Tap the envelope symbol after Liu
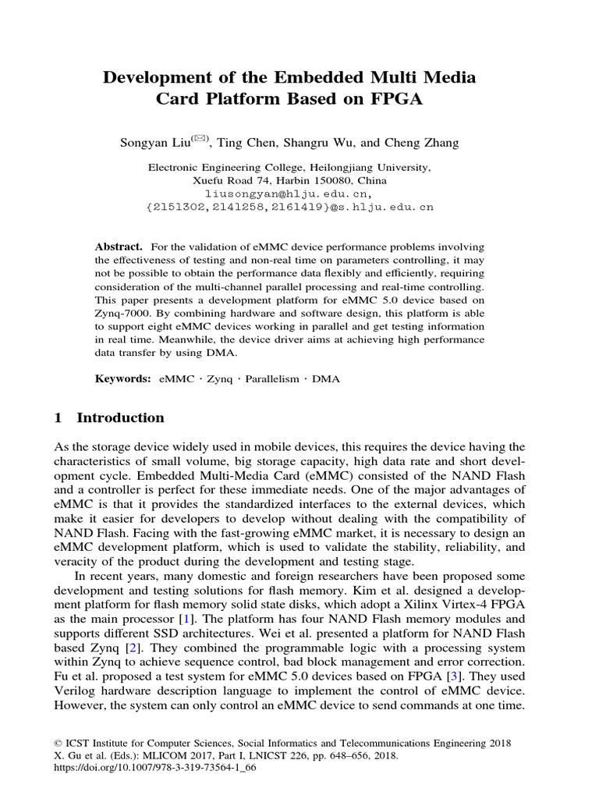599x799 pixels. [x=200, y=139]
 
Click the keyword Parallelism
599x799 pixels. [x=272, y=378]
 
